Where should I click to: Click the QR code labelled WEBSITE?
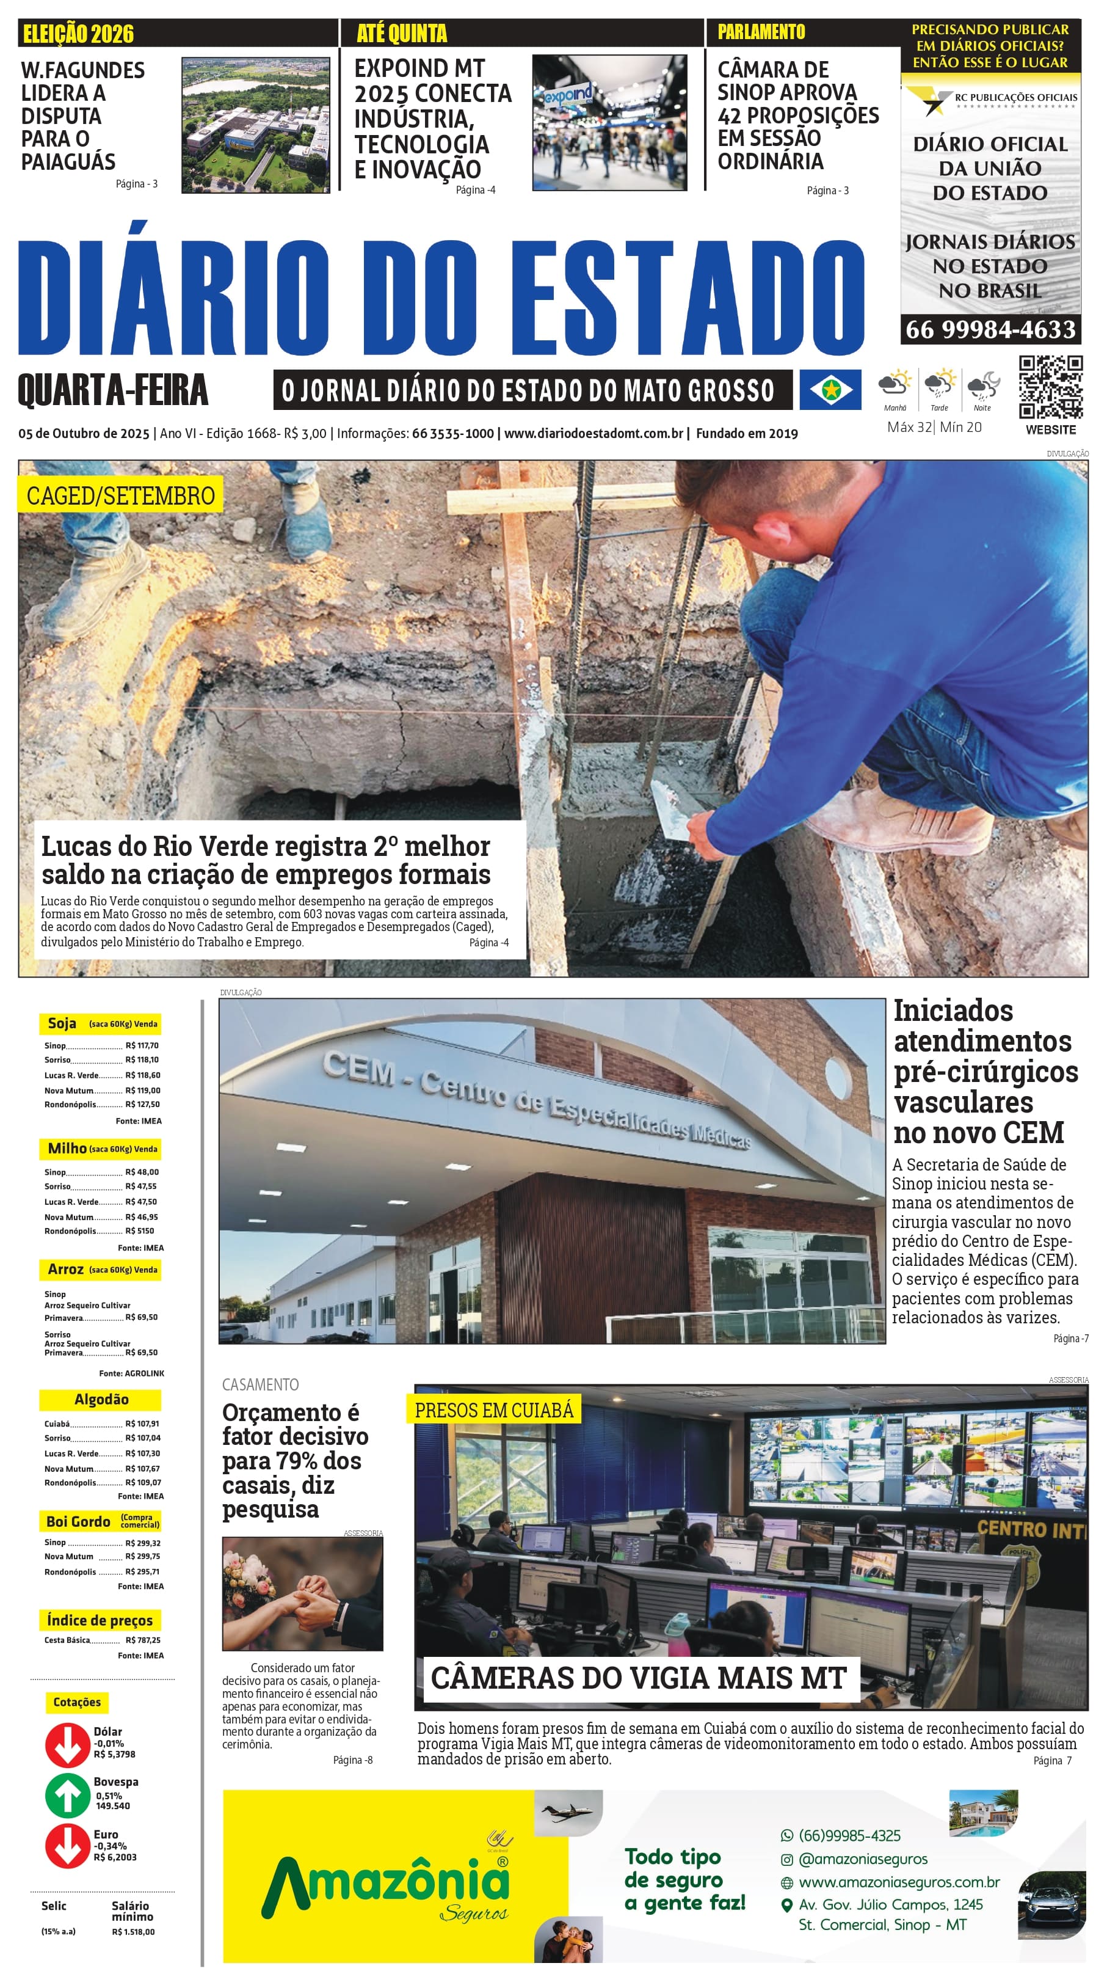[1050, 387]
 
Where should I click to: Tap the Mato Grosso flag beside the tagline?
[830, 389]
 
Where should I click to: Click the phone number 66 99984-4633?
[990, 330]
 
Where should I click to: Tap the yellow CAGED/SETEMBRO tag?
[120, 495]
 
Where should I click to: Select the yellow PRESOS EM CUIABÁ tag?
[494, 1410]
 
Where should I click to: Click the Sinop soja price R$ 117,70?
[142, 1046]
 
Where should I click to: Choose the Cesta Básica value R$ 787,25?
[142, 1640]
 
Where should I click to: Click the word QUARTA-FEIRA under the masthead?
[112, 390]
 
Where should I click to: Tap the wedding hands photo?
[302, 1593]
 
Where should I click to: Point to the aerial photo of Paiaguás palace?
[255, 125]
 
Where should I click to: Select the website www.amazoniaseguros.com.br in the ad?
[899, 1882]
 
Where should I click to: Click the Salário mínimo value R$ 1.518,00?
[132, 1932]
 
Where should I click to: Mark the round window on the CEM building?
[835, 1072]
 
